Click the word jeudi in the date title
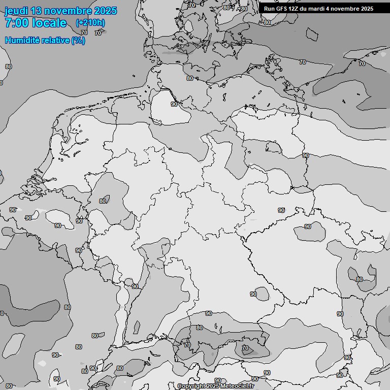(16, 11)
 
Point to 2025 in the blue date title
(105, 11)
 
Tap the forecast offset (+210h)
(90, 23)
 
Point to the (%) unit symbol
(78, 41)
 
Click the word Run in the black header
(269, 9)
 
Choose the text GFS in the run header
(282, 9)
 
